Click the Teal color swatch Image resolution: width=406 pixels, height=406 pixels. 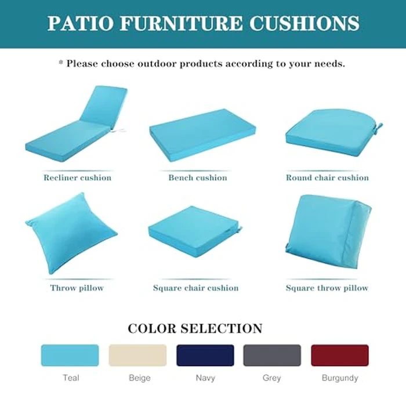point(70,355)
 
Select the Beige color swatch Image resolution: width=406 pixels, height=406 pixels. point(137,355)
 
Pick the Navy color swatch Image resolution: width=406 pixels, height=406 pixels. point(205,355)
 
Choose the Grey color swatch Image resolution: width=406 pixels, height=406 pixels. point(272,355)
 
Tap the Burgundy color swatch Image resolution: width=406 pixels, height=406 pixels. point(339,355)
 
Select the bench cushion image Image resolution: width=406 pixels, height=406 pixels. point(202,134)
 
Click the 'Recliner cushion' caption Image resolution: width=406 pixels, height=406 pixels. point(77,177)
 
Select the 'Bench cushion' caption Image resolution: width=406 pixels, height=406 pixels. point(197,177)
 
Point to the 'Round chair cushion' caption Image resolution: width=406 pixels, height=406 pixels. point(327,177)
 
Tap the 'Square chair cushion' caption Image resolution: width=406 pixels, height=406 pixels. point(195,288)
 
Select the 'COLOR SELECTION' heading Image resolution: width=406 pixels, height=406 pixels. point(195,328)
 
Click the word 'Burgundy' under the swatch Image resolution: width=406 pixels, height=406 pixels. point(339,378)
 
